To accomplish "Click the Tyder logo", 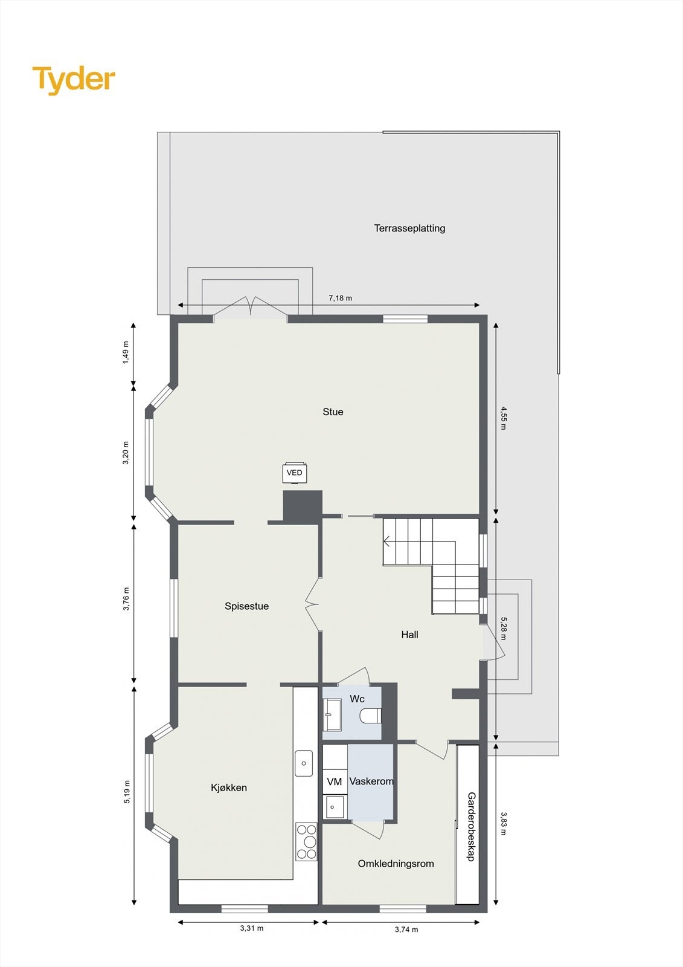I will click(74, 79).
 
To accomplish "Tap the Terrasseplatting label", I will click(409, 228).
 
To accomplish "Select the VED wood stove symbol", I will click(295, 473).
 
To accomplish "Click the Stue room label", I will click(333, 412).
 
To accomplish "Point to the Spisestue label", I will click(246, 606).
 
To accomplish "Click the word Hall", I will click(409, 635).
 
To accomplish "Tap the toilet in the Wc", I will click(370, 716).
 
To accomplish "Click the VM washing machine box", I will click(335, 782).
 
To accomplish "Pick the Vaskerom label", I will click(371, 781).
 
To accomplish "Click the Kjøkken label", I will click(229, 788).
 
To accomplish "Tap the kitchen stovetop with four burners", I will click(306, 841).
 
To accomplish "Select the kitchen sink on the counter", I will click(304, 763).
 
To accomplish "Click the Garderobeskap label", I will click(472, 826).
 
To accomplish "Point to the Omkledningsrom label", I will click(396, 864).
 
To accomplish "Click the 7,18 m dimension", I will click(340, 298).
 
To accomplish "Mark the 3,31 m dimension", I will click(252, 928).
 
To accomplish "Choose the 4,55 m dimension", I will click(503, 418).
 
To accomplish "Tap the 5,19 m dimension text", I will click(127, 792).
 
